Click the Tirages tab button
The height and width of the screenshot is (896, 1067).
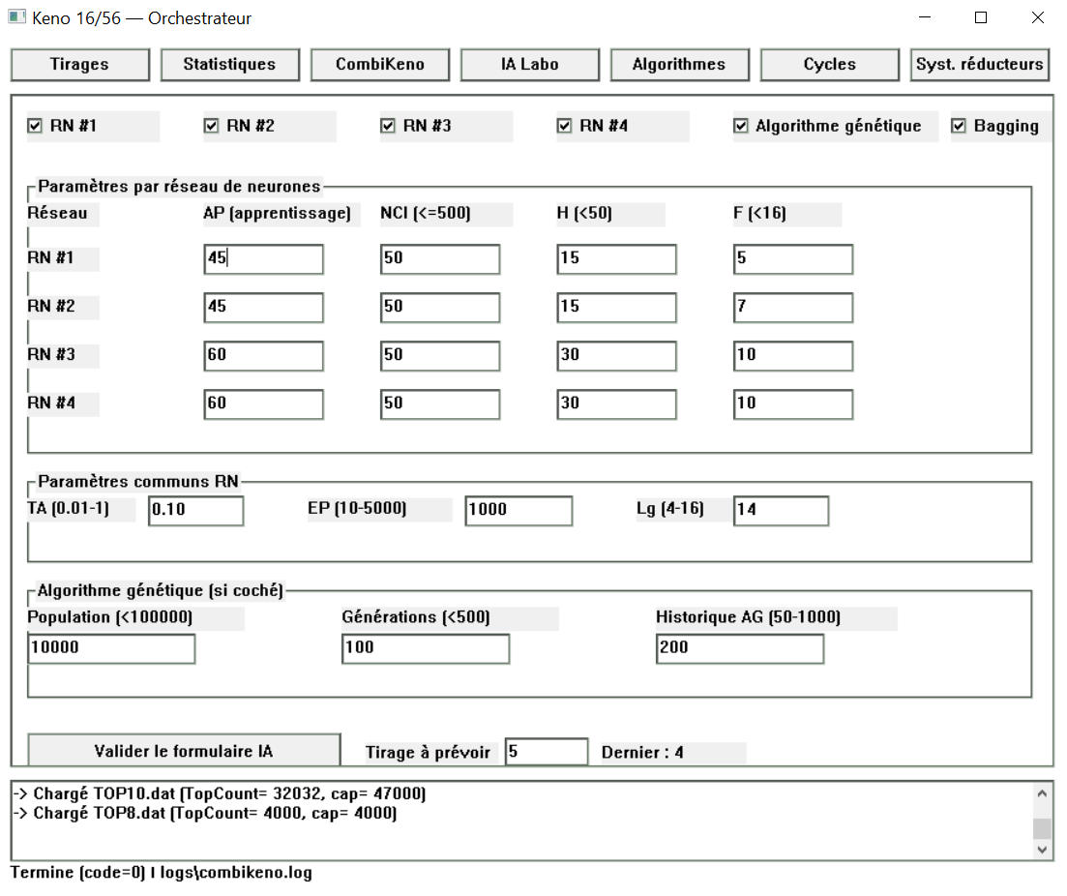tap(79, 65)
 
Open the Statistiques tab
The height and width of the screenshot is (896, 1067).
tap(229, 65)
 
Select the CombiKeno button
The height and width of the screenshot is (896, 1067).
tap(379, 65)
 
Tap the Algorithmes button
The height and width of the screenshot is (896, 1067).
tap(679, 65)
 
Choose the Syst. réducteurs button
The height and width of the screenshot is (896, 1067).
tap(980, 65)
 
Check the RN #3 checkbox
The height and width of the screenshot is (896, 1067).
tap(388, 126)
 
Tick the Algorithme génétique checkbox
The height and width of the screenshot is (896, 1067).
tap(741, 126)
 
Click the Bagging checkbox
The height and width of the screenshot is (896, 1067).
tap(960, 126)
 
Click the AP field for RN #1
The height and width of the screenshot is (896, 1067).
tap(263, 259)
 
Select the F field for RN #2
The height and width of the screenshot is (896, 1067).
tap(792, 308)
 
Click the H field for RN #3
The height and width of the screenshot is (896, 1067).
tap(616, 356)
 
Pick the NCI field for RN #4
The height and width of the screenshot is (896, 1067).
tap(439, 404)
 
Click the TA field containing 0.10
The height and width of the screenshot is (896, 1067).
tap(195, 510)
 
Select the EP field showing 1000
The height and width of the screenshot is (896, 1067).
tap(519, 510)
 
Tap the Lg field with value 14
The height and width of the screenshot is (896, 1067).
tap(781, 510)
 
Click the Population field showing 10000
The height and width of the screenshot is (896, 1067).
tap(111, 648)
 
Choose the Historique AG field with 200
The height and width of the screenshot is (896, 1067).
tap(739, 648)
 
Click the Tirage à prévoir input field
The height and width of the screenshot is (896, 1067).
tap(546, 752)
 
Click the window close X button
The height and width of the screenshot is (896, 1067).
tap(1037, 18)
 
